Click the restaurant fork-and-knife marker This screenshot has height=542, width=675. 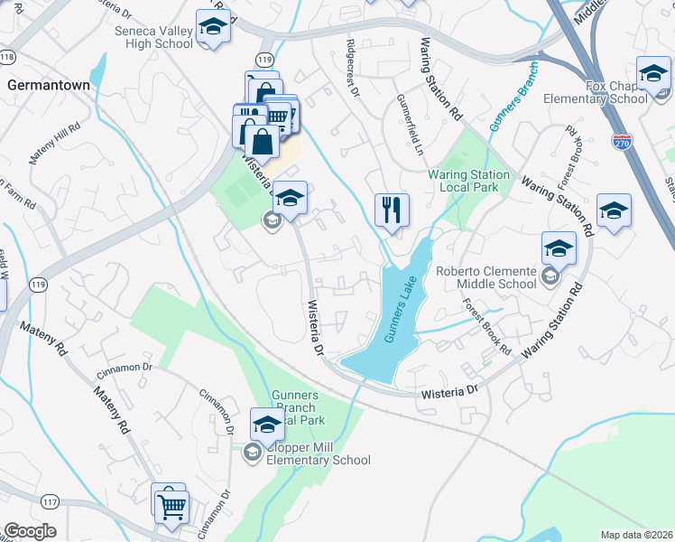point(392,210)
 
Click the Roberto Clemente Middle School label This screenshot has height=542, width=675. point(498,276)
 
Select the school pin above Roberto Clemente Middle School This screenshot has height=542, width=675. point(559,248)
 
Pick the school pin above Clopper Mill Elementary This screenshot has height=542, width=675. point(267,424)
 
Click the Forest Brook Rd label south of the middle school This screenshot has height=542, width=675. point(488,327)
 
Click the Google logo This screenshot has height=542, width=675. point(30,531)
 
